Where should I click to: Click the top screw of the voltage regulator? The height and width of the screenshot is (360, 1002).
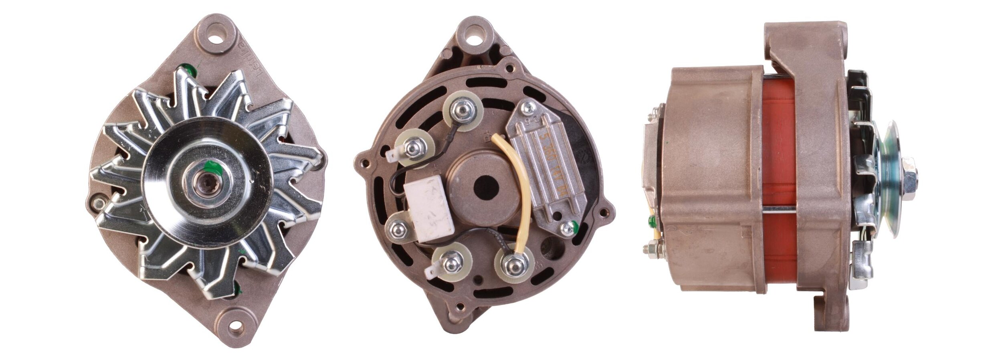[x=529, y=107]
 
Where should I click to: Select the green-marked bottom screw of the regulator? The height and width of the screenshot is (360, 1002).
[x=566, y=229]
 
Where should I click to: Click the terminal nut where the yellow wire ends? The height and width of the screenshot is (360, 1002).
[x=514, y=264]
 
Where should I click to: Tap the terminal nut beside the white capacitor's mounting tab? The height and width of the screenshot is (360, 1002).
[x=398, y=229]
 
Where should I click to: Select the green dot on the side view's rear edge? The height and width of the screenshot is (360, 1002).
[x=651, y=220]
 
